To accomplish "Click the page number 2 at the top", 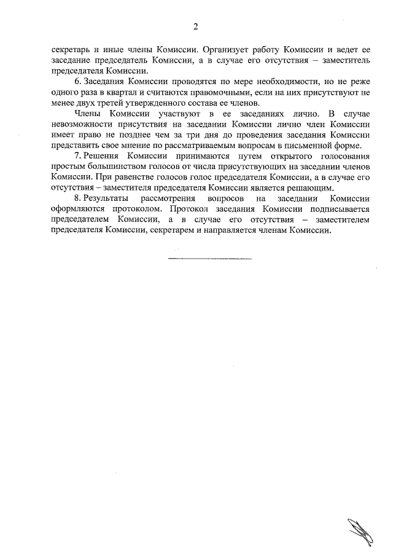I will click(196, 26).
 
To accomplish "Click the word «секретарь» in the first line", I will click(70, 48).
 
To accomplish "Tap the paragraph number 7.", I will click(76, 158).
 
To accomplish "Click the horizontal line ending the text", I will click(209, 258).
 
